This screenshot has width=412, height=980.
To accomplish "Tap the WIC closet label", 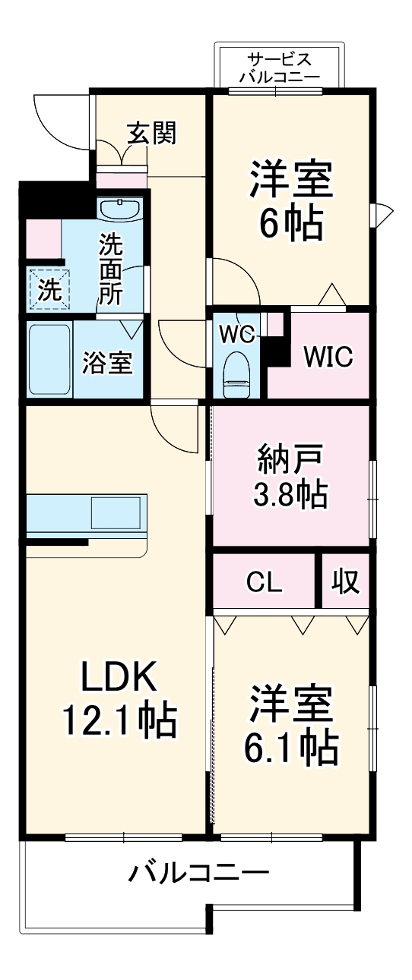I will [x=328, y=357].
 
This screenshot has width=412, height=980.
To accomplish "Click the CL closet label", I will [x=264, y=582].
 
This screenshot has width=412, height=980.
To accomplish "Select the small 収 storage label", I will [x=344, y=582].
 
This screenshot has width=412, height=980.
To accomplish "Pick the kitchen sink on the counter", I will [x=116, y=514].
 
